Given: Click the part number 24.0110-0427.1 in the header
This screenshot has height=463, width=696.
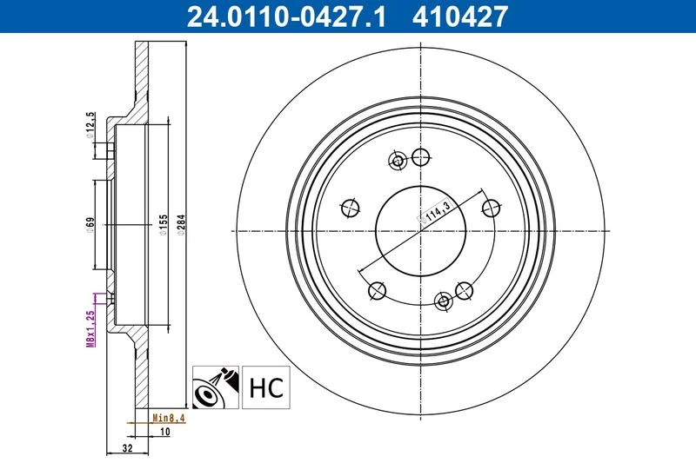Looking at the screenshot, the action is pyautogui.click(x=286, y=17).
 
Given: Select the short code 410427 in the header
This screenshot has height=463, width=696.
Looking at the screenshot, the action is pyautogui.click(x=460, y=17).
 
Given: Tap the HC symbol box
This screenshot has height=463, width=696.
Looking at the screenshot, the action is pyautogui.click(x=266, y=387).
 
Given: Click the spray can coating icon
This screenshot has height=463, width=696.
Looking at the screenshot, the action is pyautogui.click(x=216, y=387).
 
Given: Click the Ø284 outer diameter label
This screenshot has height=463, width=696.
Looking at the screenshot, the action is pyautogui.click(x=181, y=225).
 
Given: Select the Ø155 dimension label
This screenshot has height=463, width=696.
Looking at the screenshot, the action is pyautogui.click(x=164, y=225).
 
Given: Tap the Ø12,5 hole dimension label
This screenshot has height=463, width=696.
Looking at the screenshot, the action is pyautogui.click(x=90, y=125).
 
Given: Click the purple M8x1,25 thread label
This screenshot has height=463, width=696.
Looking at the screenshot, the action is pyautogui.click(x=90, y=328).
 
